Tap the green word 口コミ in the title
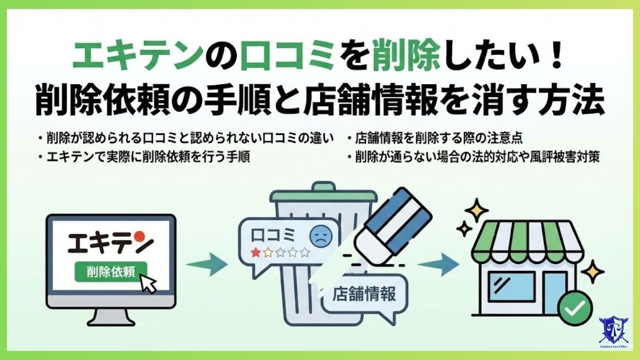point(271,58)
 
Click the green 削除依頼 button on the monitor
point(110,271)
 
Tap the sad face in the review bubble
point(319,235)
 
